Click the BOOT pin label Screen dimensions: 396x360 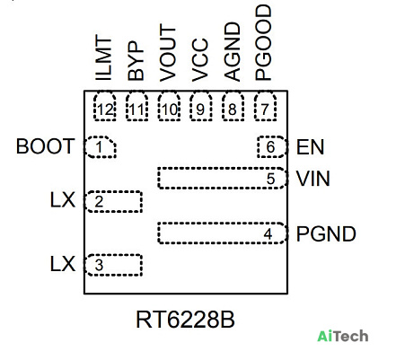click(x=45, y=146)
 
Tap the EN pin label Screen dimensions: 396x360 click(x=310, y=147)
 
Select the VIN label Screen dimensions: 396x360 click(x=313, y=179)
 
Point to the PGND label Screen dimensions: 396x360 click(x=326, y=233)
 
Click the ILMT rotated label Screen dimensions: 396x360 click(x=103, y=57)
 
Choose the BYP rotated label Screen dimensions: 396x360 click(x=136, y=61)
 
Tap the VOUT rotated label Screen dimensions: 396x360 click(x=168, y=53)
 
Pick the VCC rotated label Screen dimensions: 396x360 click(x=199, y=60)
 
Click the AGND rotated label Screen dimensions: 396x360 click(x=232, y=51)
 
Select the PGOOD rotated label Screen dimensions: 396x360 click(x=263, y=42)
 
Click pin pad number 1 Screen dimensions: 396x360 click(x=101, y=147)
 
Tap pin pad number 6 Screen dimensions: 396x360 click(x=272, y=147)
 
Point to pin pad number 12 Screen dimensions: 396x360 click(x=105, y=107)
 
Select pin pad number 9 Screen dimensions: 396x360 click(x=201, y=107)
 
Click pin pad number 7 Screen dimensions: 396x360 click(x=265, y=107)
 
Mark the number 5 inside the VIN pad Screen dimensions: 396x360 click(x=270, y=179)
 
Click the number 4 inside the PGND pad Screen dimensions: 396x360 click(x=268, y=234)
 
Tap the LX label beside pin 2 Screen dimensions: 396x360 click(x=63, y=200)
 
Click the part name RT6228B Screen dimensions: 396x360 click(x=185, y=320)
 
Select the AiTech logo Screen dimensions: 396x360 click(x=343, y=336)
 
